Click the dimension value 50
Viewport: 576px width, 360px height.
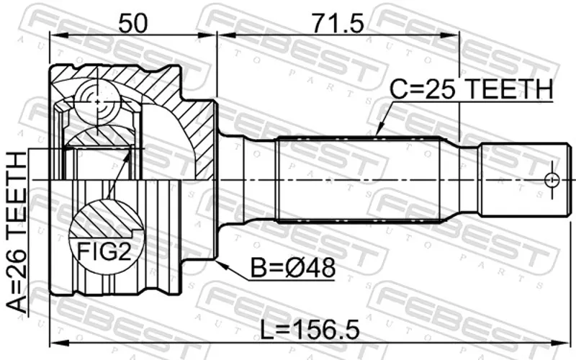pyautogui.click(x=132, y=22)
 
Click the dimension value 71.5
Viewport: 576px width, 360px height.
pyautogui.click(x=337, y=22)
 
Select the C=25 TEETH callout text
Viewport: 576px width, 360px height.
pyautogui.click(x=472, y=89)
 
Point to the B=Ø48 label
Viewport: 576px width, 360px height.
pyautogui.click(x=293, y=268)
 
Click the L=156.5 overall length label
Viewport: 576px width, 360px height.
pyautogui.click(x=310, y=330)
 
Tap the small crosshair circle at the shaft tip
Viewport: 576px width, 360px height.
pyautogui.click(x=552, y=180)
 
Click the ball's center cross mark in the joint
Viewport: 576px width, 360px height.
pyautogui.click(x=97, y=102)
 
